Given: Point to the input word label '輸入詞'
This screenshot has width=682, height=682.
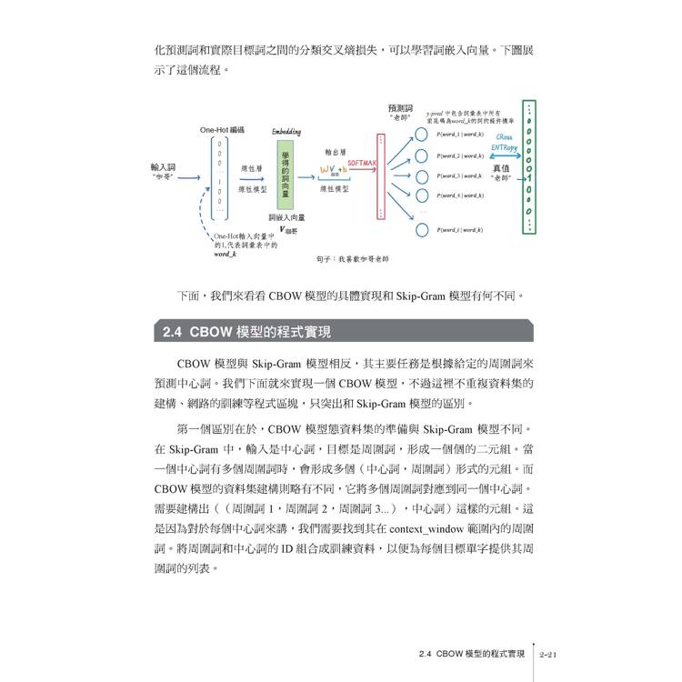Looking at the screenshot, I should point(164,167).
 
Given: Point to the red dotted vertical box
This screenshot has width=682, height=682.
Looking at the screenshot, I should point(379,176).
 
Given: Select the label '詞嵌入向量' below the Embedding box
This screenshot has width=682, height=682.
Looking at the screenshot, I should point(286,218).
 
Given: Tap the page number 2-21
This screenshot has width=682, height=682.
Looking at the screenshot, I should point(553,653).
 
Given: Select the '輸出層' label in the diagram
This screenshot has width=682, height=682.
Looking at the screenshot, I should point(334,151).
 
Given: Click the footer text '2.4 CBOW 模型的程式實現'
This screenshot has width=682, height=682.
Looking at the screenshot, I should point(467,653).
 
